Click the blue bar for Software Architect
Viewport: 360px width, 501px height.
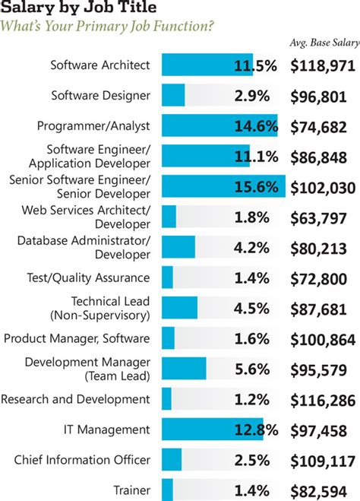click(x=197, y=65)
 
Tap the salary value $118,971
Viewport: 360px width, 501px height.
click(x=323, y=65)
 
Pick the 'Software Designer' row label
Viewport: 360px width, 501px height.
click(x=100, y=96)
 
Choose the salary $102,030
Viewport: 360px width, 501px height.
click(x=323, y=186)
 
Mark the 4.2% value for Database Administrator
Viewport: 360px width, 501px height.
click(x=254, y=247)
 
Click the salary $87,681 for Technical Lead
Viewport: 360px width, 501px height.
click(x=323, y=308)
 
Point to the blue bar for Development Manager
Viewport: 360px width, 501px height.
click(x=183, y=368)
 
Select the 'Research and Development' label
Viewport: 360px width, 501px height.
click(x=76, y=398)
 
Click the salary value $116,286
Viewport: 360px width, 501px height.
click(x=323, y=398)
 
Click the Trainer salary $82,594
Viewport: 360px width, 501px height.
click(x=323, y=490)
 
